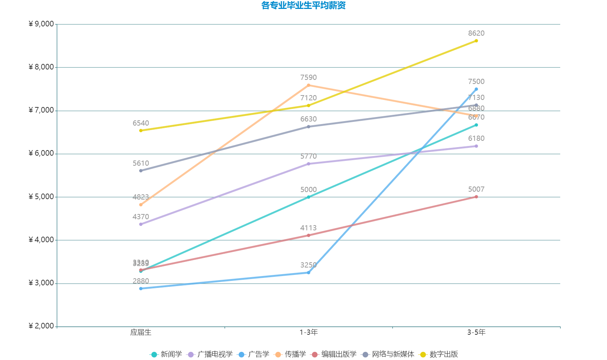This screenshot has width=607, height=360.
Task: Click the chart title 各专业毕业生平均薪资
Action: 303,6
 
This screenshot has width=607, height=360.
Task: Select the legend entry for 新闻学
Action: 166,354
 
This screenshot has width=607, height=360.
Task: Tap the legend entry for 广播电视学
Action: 210,354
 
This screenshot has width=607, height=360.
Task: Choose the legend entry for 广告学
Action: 254,354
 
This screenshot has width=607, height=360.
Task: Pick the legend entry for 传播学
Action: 290,354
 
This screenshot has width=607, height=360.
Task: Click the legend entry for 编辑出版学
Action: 334,354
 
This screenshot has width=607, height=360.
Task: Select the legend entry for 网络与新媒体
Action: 388,354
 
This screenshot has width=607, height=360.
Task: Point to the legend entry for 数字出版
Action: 438,354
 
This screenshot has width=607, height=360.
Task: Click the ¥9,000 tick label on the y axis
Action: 41,24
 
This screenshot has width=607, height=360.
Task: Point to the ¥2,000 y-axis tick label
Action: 41,326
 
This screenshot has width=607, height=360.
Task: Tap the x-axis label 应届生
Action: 141,333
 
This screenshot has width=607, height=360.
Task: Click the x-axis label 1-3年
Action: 309,333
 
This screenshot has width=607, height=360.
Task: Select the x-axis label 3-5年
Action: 476,333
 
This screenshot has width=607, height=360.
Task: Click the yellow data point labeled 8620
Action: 476,41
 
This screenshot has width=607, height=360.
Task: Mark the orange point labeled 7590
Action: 309,85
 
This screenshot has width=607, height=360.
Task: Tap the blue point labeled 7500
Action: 476,89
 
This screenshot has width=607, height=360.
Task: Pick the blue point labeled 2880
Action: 141,289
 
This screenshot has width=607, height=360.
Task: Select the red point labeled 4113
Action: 309,236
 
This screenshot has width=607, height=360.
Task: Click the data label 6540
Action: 141,123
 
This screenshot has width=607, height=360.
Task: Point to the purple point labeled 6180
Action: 476,146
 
